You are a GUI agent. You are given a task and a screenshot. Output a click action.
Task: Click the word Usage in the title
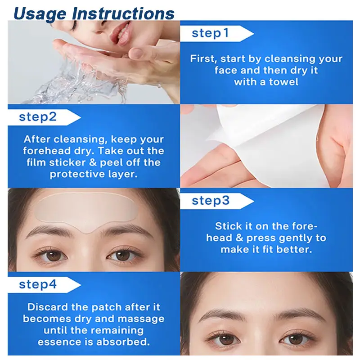[x=40, y=14]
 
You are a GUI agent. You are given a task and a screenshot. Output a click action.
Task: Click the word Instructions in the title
[x=123, y=13]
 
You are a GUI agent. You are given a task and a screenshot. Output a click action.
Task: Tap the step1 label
[x=210, y=33]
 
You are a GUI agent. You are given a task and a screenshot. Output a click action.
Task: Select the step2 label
[x=38, y=117]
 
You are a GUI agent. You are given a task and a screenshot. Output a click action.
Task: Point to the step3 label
[x=211, y=200]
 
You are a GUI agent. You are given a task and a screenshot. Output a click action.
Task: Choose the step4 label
[x=38, y=284]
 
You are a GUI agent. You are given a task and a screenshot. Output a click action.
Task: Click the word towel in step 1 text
[x=283, y=82]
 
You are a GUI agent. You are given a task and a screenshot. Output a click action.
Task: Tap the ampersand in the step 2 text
[x=93, y=162]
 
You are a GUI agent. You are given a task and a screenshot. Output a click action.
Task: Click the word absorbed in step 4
[x=123, y=342]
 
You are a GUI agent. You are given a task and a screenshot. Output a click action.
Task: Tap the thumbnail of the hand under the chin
[x=136, y=52]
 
